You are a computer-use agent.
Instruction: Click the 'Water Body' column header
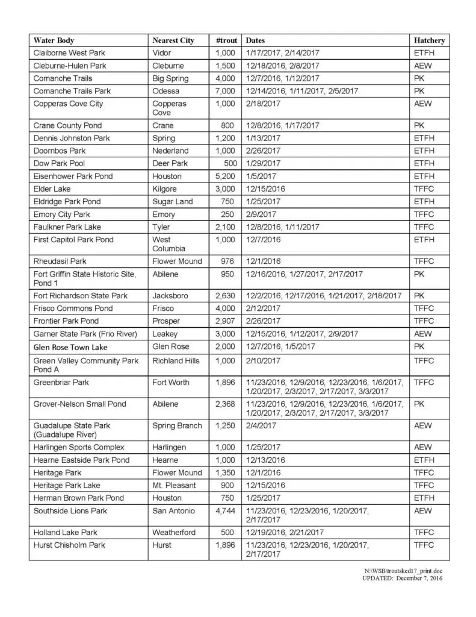click(x=54, y=40)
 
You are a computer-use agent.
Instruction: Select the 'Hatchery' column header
click(x=429, y=40)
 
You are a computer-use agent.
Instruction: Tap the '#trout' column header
click(x=226, y=40)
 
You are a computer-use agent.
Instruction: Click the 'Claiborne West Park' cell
click(x=69, y=53)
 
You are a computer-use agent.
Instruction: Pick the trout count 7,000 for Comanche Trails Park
click(x=225, y=91)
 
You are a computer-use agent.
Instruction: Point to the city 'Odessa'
click(x=166, y=91)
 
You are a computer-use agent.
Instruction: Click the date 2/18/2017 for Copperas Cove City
click(x=264, y=104)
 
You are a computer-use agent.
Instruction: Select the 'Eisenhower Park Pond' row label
click(x=73, y=177)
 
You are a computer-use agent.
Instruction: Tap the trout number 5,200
click(x=225, y=177)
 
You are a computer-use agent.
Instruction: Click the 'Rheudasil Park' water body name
click(x=60, y=262)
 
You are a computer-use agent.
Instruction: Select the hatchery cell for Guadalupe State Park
click(x=423, y=426)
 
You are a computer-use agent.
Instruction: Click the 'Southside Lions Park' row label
click(x=70, y=511)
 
